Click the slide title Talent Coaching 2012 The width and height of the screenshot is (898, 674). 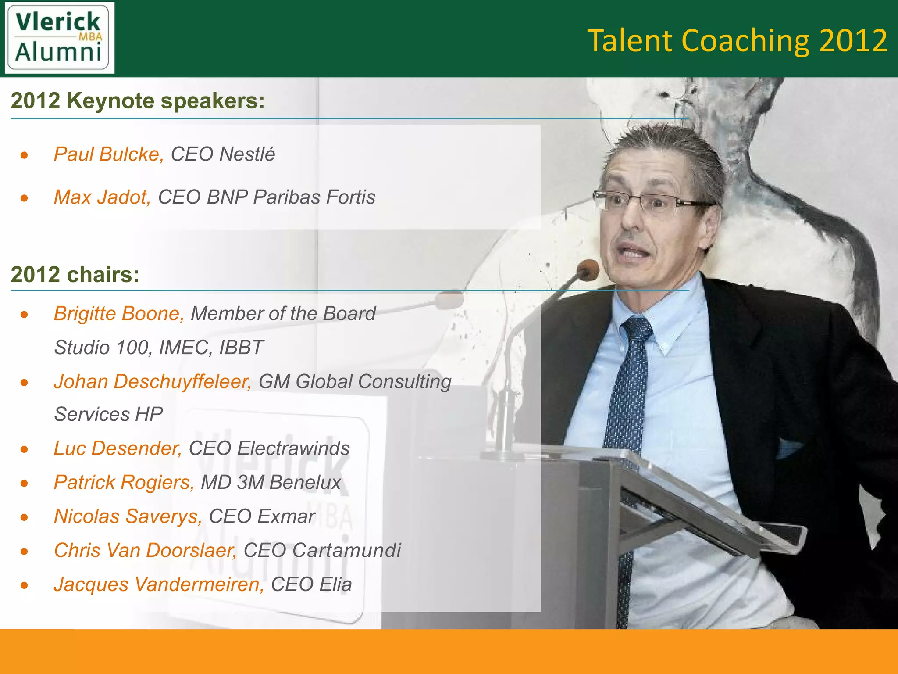click(x=737, y=40)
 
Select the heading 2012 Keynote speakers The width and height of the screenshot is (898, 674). click(x=138, y=101)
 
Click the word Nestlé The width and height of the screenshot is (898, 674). click(x=247, y=154)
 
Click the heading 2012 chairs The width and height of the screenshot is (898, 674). click(x=75, y=275)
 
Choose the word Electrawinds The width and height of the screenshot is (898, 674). click(x=293, y=448)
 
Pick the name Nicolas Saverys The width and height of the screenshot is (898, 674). click(x=128, y=516)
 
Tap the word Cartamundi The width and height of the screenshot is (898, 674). click(x=346, y=550)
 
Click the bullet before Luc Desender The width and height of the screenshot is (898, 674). click(x=25, y=449)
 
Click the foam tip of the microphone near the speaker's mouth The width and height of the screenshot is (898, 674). click(x=588, y=269)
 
